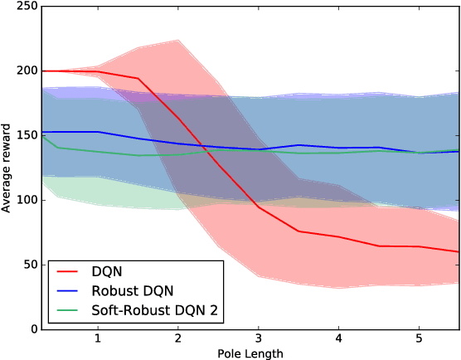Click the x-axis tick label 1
[x=98, y=340]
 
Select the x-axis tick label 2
[x=178, y=340]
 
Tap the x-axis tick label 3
[x=259, y=340]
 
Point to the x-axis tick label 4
[x=339, y=340]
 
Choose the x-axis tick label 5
[x=420, y=340]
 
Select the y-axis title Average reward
[x=7, y=168]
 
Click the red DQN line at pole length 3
[x=259, y=207]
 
